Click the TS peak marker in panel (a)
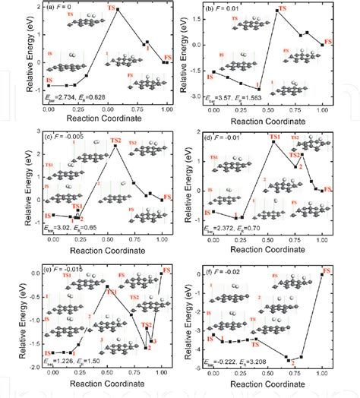click(118, 9)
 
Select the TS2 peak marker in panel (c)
click(115, 147)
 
